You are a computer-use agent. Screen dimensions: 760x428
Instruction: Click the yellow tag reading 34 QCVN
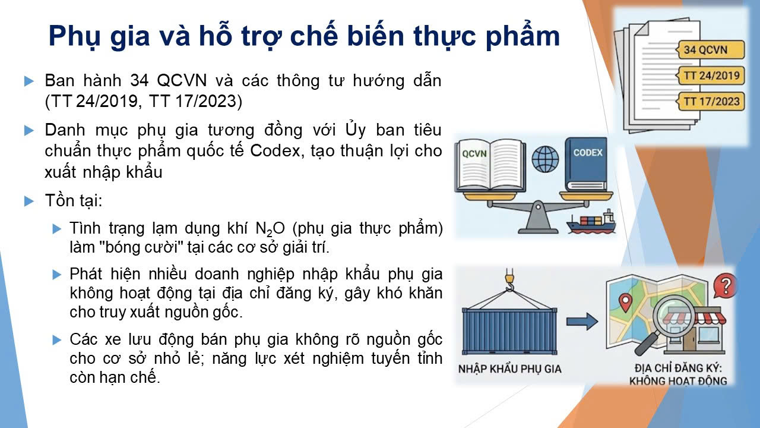tap(711, 49)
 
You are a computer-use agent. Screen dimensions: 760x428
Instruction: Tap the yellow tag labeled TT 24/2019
tap(711, 75)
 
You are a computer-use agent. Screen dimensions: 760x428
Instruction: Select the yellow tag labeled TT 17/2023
tap(711, 101)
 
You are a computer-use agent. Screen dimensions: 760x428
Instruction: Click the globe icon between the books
tap(545, 159)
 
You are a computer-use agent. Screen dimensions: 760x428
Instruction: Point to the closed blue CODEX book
tap(586, 164)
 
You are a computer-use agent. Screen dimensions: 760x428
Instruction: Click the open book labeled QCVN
tap(490, 165)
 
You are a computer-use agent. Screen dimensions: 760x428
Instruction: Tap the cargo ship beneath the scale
tap(591, 222)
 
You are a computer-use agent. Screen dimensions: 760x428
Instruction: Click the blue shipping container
tap(509, 331)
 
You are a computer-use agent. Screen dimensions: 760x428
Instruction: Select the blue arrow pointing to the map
tap(582, 322)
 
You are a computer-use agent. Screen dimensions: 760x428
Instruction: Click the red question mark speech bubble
tap(725, 286)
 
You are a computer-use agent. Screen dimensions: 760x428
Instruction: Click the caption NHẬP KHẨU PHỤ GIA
tap(509, 369)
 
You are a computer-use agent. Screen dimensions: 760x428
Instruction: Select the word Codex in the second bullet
tap(275, 151)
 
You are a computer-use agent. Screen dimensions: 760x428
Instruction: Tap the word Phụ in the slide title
tap(75, 37)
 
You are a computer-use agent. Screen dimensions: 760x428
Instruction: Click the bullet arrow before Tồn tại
tap(29, 201)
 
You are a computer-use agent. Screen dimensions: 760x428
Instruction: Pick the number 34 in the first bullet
tap(140, 81)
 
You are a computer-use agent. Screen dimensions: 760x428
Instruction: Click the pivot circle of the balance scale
tap(538, 206)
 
